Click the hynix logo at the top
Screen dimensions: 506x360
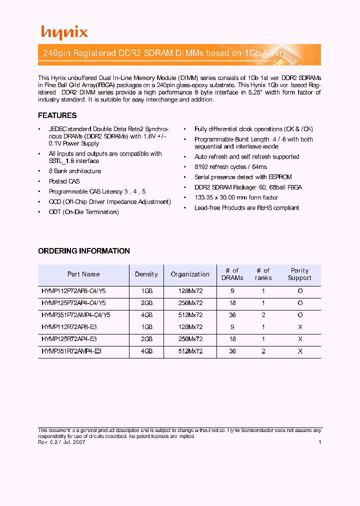pyautogui.click(x=64, y=32)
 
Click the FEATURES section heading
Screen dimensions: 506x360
pyautogui.click(x=57, y=115)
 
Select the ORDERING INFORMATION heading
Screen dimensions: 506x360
pyautogui.click(x=84, y=251)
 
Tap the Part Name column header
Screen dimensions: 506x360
pyautogui.click(x=83, y=274)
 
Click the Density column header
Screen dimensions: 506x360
pyautogui.click(x=146, y=274)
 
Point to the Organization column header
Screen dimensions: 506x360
pyautogui.click(x=190, y=274)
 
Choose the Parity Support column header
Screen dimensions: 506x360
pyautogui.click(x=299, y=274)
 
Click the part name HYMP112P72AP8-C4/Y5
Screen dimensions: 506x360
pyautogui.click(x=73, y=290)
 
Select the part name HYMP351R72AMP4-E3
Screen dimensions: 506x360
pyautogui.click(x=71, y=351)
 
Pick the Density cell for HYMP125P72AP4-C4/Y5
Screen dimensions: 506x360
pyautogui.click(x=146, y=303)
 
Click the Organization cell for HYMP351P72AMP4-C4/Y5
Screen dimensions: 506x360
pyautogui.click(x=190, y=315)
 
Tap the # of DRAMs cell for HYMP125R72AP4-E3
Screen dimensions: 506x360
pyautogui.click(x=232, y=339)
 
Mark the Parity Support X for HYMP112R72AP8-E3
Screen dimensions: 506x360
pyautogui.click(x=300, y=327)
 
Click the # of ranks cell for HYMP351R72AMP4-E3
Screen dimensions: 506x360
pyautogui.click(x=263, y=351)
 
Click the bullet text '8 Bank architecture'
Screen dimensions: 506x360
pyautogui.click(x=74, y=171)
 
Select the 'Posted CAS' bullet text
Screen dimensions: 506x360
pyautogui.click(x=64, y=181)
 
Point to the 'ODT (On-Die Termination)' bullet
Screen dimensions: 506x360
pyautogui.click(x=83, y=212)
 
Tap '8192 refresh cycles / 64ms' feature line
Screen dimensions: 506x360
pyautogui.click(x=230, y=167)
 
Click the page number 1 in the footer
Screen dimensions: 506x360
pyautogui.click(x=319, y=442)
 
